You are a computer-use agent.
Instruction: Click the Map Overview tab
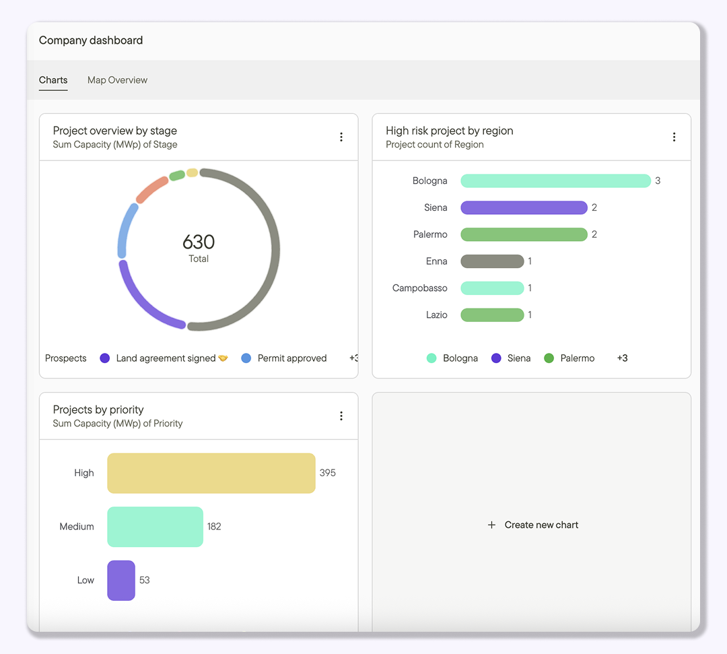117,80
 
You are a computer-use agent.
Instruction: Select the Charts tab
53,80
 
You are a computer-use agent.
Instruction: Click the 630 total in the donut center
199,242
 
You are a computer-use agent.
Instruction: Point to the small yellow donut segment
192,173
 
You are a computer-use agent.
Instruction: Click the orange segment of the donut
152,189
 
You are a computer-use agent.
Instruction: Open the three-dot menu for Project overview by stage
341,137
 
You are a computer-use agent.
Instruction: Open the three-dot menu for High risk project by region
674,137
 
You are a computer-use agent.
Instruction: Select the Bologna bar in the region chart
555,181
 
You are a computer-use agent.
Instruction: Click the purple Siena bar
524,207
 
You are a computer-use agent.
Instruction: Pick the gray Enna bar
492,261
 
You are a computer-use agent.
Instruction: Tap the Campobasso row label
420,288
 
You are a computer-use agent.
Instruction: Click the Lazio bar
492,315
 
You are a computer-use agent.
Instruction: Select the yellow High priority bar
211,473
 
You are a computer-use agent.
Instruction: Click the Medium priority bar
155,527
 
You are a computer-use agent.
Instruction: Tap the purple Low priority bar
121,580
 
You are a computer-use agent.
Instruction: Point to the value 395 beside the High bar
328,473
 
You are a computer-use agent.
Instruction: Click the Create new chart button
532,525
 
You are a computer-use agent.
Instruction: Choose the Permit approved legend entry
284,358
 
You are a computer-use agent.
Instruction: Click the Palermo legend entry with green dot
569,358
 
